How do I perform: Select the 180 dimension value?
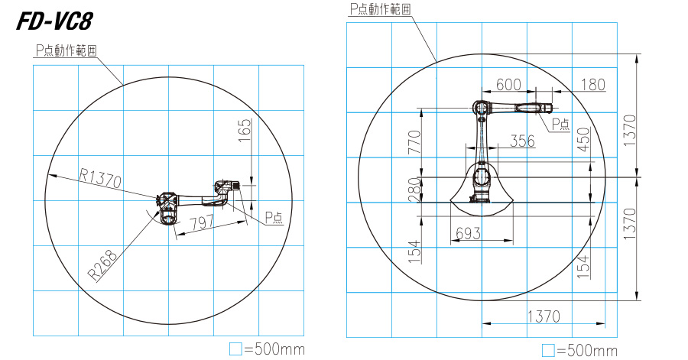point(592,85)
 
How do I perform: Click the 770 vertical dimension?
point(415,142)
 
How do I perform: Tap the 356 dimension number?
point(522,141)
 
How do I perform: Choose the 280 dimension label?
point(415,189)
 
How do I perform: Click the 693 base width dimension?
point(467,234)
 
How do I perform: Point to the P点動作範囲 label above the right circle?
point(380,9)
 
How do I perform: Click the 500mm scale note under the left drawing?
point(268,349)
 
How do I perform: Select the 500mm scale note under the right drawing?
point(579,350)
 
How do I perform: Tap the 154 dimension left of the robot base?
point(415,251)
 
